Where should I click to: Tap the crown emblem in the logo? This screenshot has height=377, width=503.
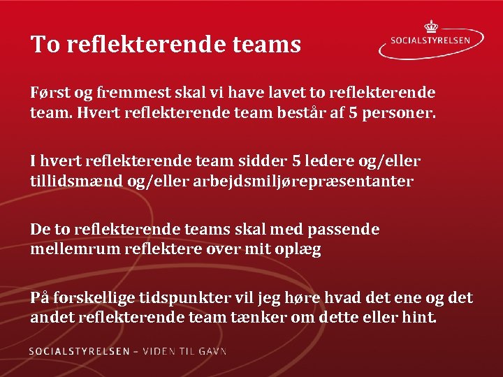click(430, 26)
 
